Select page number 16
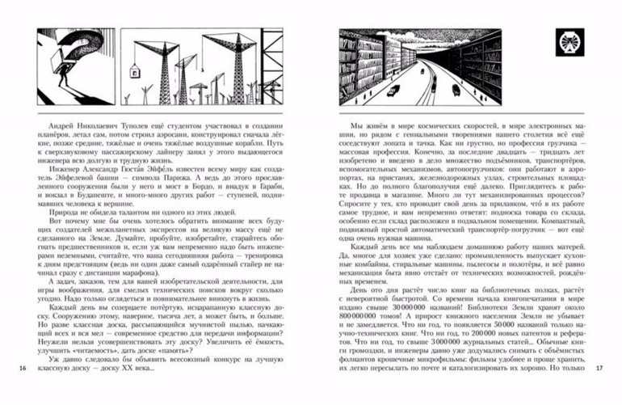[x=22, y=391]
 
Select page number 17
[x=599, y=391]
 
